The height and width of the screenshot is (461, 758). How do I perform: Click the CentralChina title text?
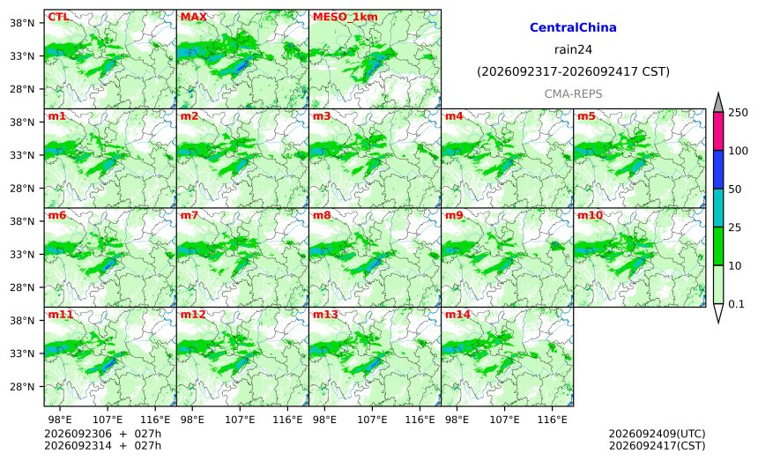click(573, 27)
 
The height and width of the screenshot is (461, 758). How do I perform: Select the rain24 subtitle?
click(573, 49)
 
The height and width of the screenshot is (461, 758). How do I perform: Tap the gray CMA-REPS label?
click(573, 93)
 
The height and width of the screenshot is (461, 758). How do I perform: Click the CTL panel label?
click(58, 17)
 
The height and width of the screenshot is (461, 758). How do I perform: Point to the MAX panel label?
click(193, 17)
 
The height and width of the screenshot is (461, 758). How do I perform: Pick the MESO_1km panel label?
click(346, 17)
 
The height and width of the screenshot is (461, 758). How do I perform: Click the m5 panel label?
click(586, 116)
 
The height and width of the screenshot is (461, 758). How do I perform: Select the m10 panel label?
click(590, 216)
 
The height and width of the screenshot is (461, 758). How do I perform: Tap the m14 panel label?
click(457, 315)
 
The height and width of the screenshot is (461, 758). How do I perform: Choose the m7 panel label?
click(189, 216)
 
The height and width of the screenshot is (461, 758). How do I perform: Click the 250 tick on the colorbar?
click(739, 113)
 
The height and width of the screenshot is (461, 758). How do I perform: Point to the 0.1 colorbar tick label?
click(736, 304)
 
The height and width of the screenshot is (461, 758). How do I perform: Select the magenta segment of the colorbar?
click(719, 131)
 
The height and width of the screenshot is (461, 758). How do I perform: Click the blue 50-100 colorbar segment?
click(719, 169)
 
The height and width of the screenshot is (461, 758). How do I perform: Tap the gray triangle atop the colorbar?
click(719, 103)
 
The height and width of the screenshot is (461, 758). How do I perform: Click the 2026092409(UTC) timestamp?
click(657, 434)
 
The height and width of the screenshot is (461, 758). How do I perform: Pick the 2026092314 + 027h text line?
click(102, 445)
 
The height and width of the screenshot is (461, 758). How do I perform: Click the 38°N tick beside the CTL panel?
click(23, 23)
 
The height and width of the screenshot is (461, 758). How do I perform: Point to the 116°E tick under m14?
click(552, 420)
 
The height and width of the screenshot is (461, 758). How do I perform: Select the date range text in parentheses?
click(573, 71)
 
